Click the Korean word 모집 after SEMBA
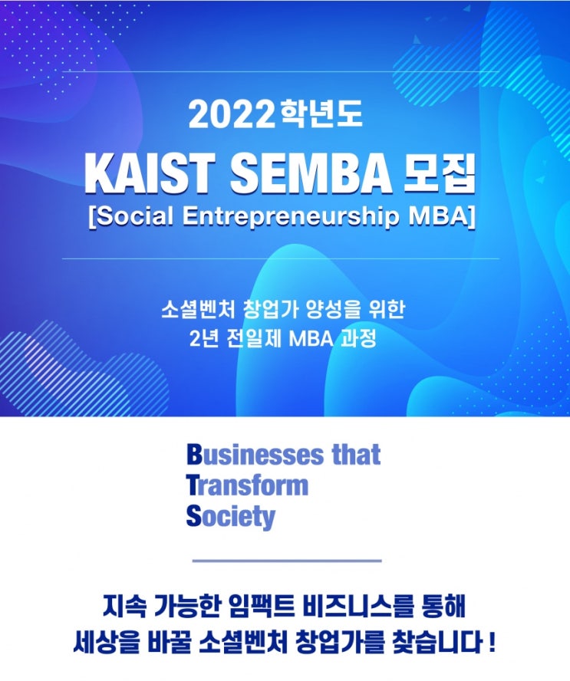[x=440, y=175]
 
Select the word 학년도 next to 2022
[x=321, y=115]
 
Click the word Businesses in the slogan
[x=256, y=454]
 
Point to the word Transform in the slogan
[x=247, y=485]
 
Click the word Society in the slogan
[x=231, y=517]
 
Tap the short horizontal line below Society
[x=287, y=561]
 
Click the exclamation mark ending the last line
[x=492, y=643]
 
